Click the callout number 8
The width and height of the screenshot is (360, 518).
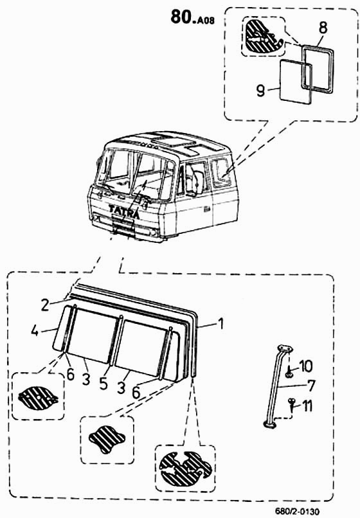click(x=323, y=28)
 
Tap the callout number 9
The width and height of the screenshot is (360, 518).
click(x=261, y=90)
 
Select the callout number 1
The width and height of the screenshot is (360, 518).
click(x=221, y=324)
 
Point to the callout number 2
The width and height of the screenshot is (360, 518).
click(x=45, y=304)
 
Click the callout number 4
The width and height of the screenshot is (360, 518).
click(x=35, y=330)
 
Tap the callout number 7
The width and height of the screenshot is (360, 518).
click(x=311, y=386)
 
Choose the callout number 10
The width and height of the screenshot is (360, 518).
click(x=306, y=366)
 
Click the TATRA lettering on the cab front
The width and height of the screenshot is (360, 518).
click(x=124, y=211)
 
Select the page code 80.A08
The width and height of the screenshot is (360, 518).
click(x=192, y=17)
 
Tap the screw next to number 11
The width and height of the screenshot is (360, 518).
click(x=292, y=404)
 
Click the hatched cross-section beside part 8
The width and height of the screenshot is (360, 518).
click(x=263, y=37)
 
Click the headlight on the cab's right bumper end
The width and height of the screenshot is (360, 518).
click(x=153, y=232)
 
